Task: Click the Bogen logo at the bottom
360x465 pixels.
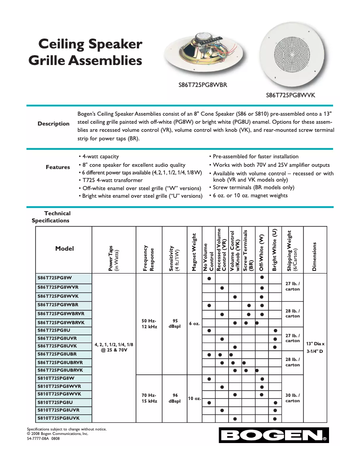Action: pyautogui.click(x=273, y=435)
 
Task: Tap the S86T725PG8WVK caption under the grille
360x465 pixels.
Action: pyautogui.click(x=291, y=95)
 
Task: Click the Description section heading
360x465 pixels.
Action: pyautogui.click(x=53, y=124)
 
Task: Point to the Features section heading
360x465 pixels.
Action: pyautogui.click(x=58, y=167)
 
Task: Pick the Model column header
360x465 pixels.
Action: pyautogui.click(x=64, y=248)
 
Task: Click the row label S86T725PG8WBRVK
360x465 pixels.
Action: pyautogui.click(x=64, y=322)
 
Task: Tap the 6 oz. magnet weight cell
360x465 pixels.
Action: pyautogui.click(x=194, y=323)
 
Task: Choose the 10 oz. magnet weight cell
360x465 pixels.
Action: pyautogui.click(x=194, y=398)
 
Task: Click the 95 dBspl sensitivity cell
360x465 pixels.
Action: pyautogui.click(x=175, y=323)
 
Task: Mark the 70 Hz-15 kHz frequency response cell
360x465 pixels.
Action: pyautogui.click(x=149, y=398)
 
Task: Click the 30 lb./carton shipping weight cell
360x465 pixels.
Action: pyautogui.click(x=293, y=398)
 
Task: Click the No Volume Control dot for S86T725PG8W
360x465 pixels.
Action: pyautogui.click(x=209, y=278)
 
